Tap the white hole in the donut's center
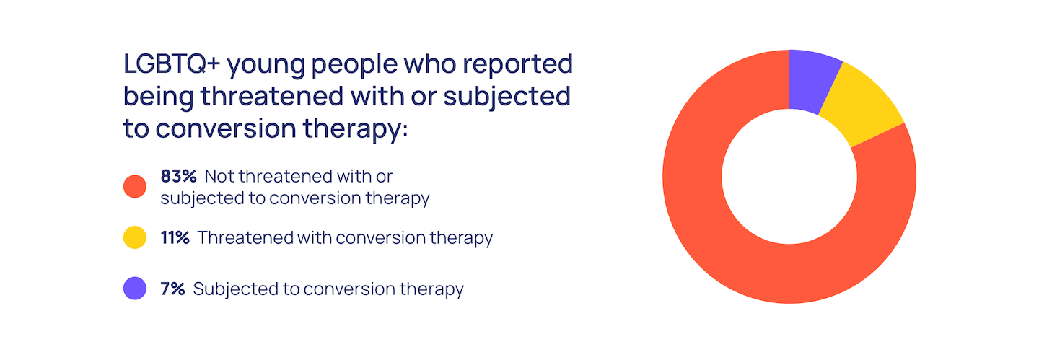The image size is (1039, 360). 789,177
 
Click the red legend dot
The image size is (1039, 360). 135,187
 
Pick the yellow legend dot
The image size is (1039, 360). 135,237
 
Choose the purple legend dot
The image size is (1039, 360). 135,289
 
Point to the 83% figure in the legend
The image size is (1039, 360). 179,176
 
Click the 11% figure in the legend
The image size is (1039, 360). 175,237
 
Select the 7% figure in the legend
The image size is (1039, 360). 172,289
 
